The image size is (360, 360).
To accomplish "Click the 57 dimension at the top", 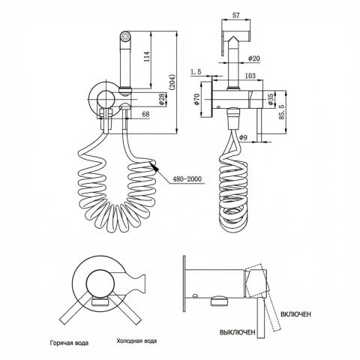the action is [x=236, y=16].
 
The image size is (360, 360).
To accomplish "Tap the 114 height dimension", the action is [x=147, y=57].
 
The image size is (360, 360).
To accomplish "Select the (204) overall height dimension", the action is [x=172, y=82].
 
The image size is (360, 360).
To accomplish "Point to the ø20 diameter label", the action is [x=254, y=58].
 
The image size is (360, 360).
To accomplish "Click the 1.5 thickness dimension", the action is [x=196, y=72].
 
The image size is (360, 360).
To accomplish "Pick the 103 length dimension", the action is [x=250, y=76].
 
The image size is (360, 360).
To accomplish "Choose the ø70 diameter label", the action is [x=196, y=99].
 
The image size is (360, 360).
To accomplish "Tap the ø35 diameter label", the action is [x=270, y=99].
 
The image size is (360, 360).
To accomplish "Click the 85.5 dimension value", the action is [x=282, y=112].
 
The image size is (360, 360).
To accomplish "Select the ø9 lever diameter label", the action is [x=243, y=137].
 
